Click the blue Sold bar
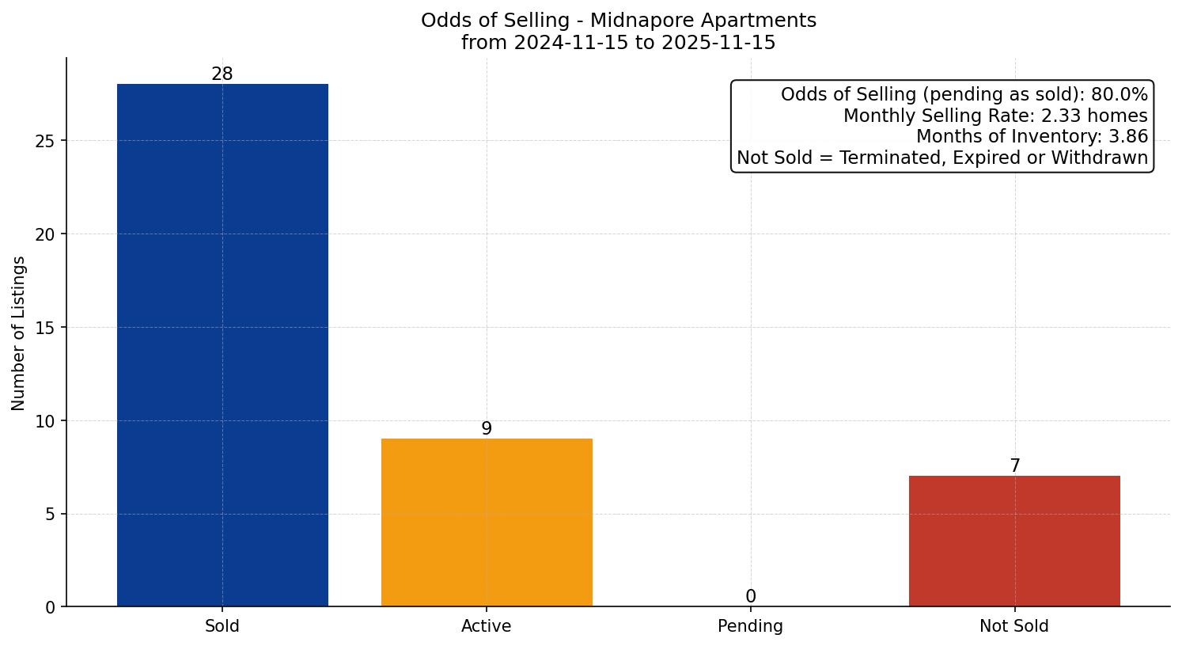pos(222,345)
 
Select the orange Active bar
pos(487,522)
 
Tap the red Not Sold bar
pos(1014,541)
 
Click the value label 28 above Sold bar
pos(222,74)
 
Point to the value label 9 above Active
pos(487,429)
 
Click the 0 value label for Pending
pos(750,597)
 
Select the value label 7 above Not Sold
pos(1014,466)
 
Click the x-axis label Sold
pos(222,626)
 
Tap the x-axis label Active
pos(487,626)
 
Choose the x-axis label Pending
pos(750,626)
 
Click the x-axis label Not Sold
pos(1014,626)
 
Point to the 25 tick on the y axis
pos(46,141)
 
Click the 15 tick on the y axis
pos(46,328)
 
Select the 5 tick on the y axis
pos(51,515)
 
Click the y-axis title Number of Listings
pos(18,333)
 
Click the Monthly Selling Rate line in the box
pos(995,116)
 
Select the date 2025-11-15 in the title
pos(718,43)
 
